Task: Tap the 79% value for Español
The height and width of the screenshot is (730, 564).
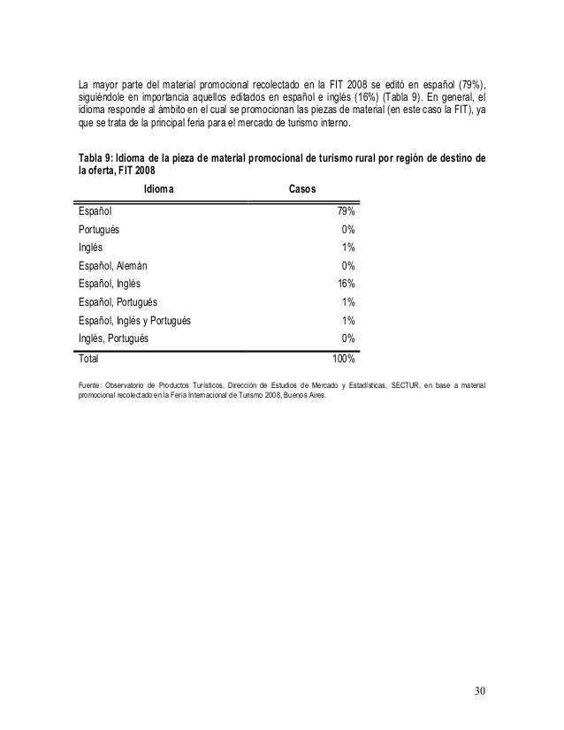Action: (347, 210)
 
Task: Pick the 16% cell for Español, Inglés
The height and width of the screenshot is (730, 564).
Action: (347, 283)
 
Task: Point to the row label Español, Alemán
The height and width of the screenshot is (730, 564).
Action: (112, 265)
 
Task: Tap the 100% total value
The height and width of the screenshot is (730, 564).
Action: (344, 360)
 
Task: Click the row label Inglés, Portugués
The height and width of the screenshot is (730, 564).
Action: (113, 338)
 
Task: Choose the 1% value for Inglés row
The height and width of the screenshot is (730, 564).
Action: (349, 247)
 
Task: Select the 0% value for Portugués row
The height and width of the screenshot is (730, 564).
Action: (349, 229)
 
